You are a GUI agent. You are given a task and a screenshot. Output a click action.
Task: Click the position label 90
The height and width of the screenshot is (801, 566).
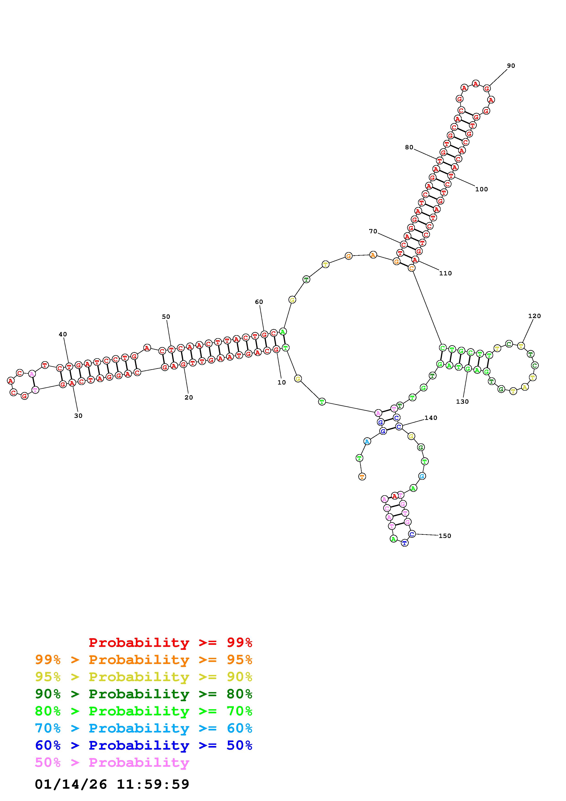click(x=511, y=66)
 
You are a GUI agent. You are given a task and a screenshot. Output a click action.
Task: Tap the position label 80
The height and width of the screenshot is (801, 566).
click(x=409, y=147)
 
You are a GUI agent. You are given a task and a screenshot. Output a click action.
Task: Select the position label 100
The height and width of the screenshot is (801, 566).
click(x=482, y=189)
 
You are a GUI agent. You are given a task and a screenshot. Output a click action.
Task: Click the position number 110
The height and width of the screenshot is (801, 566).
click(x=445, y=273)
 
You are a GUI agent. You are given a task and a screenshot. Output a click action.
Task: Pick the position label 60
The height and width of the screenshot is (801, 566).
click(x=259, y=302)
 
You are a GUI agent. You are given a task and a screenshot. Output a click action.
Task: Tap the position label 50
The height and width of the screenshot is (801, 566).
click(x=166, y=317)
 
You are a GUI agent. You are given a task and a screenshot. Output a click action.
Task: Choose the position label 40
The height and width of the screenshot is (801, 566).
click(x=63, y=334)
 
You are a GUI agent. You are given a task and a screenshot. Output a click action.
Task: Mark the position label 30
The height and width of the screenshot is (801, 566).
click(x=79, y=416)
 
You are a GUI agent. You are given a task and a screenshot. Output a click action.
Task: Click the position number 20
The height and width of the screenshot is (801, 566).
click(x=189, y=397)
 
